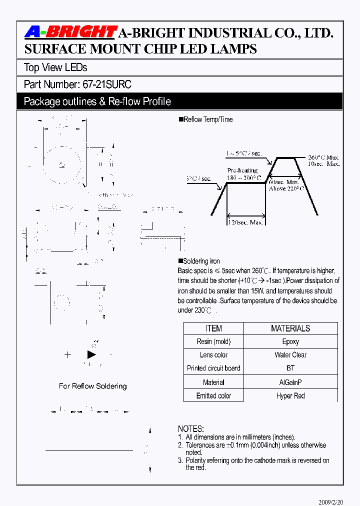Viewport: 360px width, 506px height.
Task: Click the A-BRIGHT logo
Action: [70, 32]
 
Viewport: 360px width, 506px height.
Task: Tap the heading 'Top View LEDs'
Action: [55, 67]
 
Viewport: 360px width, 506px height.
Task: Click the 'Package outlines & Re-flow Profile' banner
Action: [97, 101]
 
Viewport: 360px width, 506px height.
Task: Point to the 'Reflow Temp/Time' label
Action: [208, 119]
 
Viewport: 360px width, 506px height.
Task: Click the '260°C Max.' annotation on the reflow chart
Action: [323, 156]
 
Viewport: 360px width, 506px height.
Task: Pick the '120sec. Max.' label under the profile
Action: [246, 222]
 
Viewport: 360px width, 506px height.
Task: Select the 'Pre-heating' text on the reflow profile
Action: [242, 170]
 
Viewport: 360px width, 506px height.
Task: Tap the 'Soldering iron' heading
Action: [201, 261]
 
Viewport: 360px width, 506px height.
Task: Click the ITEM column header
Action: [213, 328]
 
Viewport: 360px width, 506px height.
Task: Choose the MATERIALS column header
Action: [290, 328]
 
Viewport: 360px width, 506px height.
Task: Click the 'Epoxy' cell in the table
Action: [290, 341]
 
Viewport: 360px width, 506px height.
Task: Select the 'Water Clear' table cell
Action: [290, 355]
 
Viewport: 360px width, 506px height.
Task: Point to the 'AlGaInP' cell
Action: [290, 382]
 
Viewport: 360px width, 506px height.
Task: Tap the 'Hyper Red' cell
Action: [290, 395]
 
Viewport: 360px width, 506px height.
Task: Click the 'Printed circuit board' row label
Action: [213, 368]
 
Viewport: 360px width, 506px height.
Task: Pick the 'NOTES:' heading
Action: [191, 429]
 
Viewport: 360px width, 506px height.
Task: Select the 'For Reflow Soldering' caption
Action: [92, 386]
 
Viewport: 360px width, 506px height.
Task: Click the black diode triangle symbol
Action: [91, 354]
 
